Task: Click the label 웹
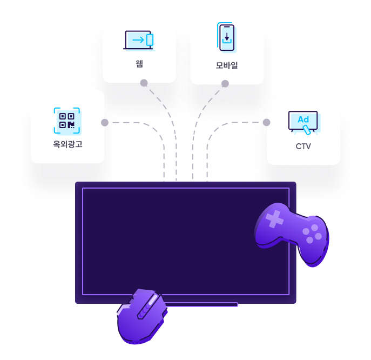(139, 64)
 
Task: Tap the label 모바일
(227, 65)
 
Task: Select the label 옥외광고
(68, 144)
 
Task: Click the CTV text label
(303, 146)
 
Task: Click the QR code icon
(67, 120)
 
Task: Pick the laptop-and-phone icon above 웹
(139, 40)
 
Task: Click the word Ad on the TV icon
(303, 119)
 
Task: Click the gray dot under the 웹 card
(144, 83)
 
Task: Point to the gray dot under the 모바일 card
(225, 84)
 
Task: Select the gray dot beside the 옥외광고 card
(105, 123)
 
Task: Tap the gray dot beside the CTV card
(266, 122)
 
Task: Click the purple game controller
(292, 232)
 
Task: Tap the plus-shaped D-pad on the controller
(274, 219)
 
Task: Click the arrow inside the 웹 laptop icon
(138, 39)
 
